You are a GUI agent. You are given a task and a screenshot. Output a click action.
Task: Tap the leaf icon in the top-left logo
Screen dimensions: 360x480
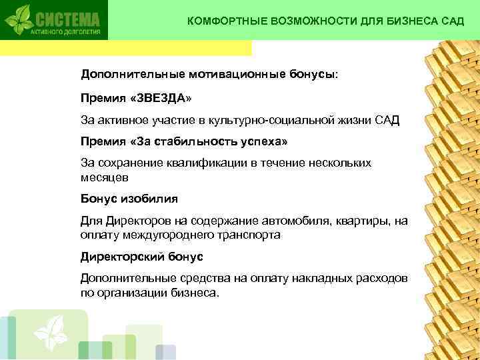pyautogui.click(x=20, y=19)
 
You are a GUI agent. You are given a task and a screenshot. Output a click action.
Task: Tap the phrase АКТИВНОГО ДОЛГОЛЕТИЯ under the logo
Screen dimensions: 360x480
pyautogui.click(x=65, y=31)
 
